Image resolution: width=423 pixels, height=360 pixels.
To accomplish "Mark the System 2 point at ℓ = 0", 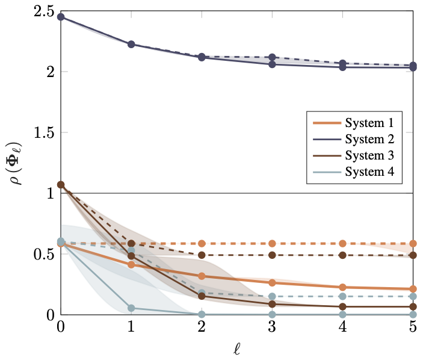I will coord(61,17).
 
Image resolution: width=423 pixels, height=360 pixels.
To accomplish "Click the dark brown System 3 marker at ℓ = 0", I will coord(61,185).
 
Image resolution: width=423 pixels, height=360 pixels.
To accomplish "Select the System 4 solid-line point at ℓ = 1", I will coord(131,308).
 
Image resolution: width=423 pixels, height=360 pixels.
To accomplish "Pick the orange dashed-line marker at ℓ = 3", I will coord(272,244).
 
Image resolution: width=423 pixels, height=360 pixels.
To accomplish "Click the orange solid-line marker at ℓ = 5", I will coord(413,289).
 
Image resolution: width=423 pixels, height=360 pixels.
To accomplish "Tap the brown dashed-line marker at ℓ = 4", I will coord(342,255).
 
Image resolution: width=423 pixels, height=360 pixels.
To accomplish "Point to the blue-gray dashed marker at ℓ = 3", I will coord(272,296).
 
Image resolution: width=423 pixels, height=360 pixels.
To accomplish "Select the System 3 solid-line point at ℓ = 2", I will coord(202,296).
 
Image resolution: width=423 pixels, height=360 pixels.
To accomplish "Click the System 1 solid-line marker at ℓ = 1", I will coord(131,265).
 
